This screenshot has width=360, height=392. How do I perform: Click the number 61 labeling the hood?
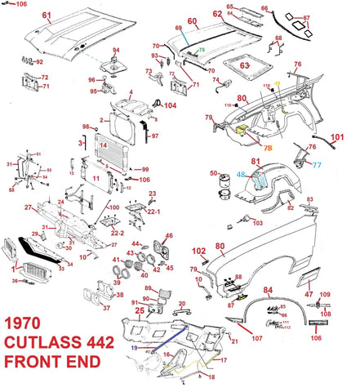click(x=46, y=16)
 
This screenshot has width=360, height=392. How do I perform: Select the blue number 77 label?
click(x=317, y=164)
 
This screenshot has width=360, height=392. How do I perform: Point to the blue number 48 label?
click(x=241, y=175)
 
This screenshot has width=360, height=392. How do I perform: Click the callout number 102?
click(x=198, y=251)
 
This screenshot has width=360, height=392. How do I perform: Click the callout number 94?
click(x=116, y=51)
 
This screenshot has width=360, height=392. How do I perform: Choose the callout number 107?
click(x=256, y=338)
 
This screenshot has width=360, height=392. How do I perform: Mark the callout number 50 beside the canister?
click(x=214, y=173)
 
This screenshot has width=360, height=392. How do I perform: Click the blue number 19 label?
click(x=133, y=347)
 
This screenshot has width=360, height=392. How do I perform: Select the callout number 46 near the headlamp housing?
click(x=169, y=237)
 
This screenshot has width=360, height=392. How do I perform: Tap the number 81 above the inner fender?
click(x=255, y=161)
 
